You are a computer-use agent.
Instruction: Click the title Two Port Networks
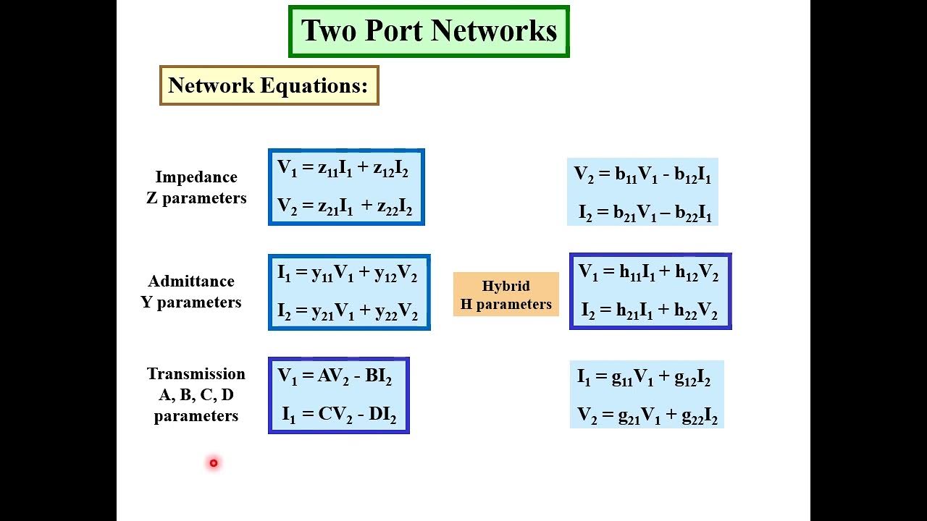click(x=429, y=31)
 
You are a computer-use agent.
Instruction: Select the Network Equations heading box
click(x=269, y=85)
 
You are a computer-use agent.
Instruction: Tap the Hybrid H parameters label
click(x=506, y=295)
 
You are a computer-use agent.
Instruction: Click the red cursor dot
click(x=214, y=463)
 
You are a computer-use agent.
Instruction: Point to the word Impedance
click(x=196, y=177)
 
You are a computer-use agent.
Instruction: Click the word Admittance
click(x=191, y=281)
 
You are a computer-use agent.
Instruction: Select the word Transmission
click(x=196, y=374)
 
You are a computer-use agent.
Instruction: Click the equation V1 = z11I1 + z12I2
click(x=343, y=169)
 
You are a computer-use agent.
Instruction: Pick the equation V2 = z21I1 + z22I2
click(x=345, y=207)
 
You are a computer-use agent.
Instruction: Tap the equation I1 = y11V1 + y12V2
click(x=348, y=274)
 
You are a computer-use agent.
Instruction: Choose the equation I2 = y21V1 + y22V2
click(x=348, y=312)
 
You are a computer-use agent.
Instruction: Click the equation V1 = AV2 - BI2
click(x=335, y=377)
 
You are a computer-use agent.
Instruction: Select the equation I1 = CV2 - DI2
click(x=339, y=415)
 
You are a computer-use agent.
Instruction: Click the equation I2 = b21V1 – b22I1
click(x=645, y=213)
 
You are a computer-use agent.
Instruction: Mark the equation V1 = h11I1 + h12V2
click(x=648, y=273)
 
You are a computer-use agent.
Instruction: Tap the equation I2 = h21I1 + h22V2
click(x=649, y=311)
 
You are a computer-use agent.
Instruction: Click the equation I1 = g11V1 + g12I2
click(x=644, y=378)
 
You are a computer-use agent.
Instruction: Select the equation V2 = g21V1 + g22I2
click(x=647, y=416)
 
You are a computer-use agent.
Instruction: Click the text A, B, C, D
click(x=196, y=395)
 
